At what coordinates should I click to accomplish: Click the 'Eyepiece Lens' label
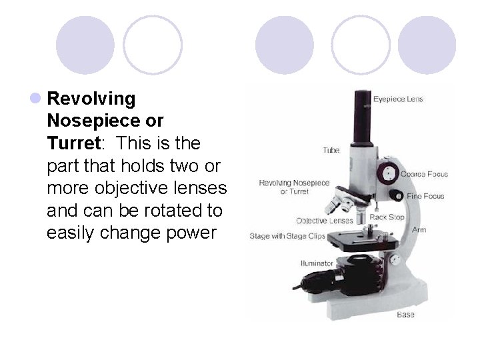[397, 99]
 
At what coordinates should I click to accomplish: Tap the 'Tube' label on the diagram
[331, 151]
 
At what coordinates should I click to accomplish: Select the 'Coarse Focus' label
[424, 174]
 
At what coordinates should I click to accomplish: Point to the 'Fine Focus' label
[425, 196]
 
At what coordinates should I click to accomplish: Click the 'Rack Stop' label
[387, 217]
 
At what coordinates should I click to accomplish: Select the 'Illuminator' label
[317, 263]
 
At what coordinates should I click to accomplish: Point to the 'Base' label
[405, 313]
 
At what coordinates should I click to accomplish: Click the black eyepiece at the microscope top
[363, 117]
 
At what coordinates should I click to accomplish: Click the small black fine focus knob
[396, 196]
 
